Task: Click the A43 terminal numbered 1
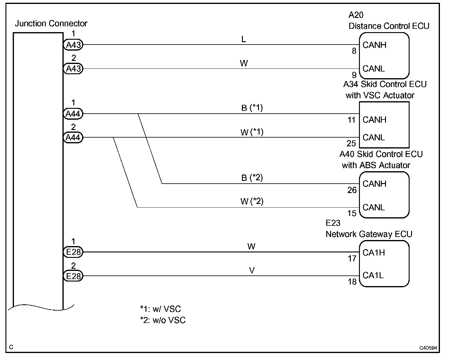[x=73, y=45]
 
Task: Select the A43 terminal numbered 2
[x=73, y=69]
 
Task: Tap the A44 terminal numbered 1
[x=73, y=114]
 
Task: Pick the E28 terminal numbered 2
[x=73, y=276]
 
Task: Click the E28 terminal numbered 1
[x=73, y=252]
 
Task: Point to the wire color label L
[x=244, y=39]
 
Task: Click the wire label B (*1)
[x=252, y=108]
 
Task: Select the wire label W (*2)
[x=252, y=202]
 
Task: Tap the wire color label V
[x=252, y=270]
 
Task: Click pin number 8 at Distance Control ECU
[x=354, y=51]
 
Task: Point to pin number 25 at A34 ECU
[x=351, y=143]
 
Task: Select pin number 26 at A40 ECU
[x=352, y=190]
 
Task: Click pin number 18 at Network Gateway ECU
[x=352, y=282]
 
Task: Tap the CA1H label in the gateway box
[x=374, y=253]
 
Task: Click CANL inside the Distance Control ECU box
[x=374, y=69]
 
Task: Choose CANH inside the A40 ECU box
[x=374, y=184]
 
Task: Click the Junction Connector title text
[x=51, y=24]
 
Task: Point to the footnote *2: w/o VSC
[x=163, y=320]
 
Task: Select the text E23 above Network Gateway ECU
[x=333, y=223]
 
